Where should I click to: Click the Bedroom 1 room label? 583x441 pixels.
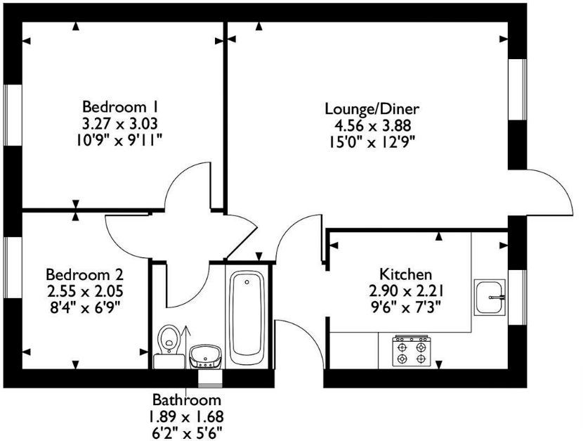point(121,107)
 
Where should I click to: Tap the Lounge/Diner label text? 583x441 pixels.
point(372,109)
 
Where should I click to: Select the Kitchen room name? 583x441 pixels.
point(406,274)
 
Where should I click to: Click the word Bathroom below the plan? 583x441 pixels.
point(187,400)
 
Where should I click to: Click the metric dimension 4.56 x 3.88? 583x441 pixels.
point(373,125)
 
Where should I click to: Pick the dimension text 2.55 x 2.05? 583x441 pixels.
point(85,291)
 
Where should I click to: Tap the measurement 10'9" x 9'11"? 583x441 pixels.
point(119,140)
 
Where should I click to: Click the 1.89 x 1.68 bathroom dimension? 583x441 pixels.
point(186,416)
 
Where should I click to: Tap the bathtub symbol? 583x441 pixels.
point(247,317)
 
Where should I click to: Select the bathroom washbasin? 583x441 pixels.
point(206,357)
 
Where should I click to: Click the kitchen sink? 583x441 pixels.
point(490,298)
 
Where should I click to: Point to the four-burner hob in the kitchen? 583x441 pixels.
point(412,350)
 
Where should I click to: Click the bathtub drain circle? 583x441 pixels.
point(247,282)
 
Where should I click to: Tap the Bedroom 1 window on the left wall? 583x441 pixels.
point(13,115)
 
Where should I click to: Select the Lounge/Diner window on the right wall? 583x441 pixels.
point(518,89)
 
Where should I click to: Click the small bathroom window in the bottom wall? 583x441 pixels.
point(210,378)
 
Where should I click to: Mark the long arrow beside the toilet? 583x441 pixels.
point(185,347)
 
